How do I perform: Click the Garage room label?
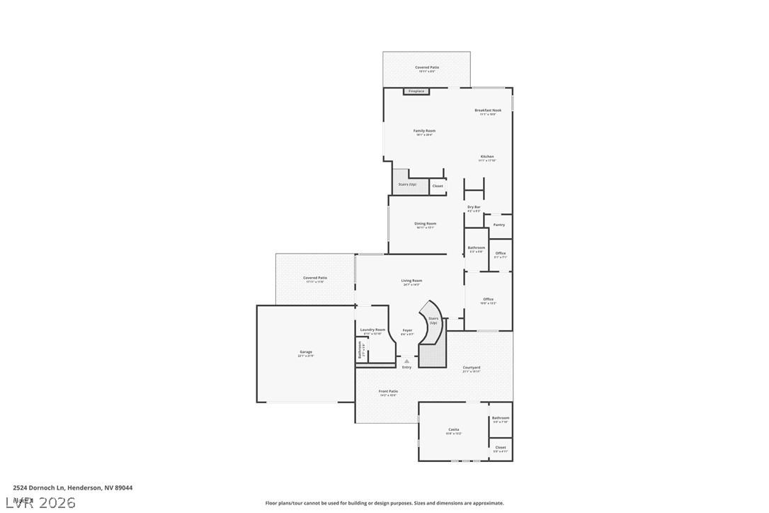pyautogui.click(x=306, y=352)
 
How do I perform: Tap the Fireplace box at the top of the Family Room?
pyautogui.click(x=416, y=91)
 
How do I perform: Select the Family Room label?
pyautogui.click(x=425, y=131)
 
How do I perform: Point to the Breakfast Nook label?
pyautogui.click(x=488, y=111)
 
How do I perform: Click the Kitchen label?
pyautogui.click(x=487, y=157)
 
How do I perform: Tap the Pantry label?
pyautogui.click(x=499, y=225)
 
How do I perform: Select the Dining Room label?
pyautogui.click(x=426, y=224)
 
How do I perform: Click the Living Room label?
pyautogui.click(x=411, y=281)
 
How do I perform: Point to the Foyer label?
pyautogui.click(x=407, y=330)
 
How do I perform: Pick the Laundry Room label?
pyautogui.click(x=372, y=329)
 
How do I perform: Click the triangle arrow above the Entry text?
pyautogui.click(x=406, y=361)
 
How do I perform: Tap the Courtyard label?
pyautogui.click(x=472, y=368)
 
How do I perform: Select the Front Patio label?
pyautogui.click(x=388, y=391)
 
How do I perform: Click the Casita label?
pyautogui.click(x=454, y=429)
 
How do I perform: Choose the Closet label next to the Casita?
pyautogui.click(x=501, y=447)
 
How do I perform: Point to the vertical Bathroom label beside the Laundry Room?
pyautogui.click(x=360, y=350)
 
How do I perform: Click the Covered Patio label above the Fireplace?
pyautogui.click(x=427, y=67)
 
